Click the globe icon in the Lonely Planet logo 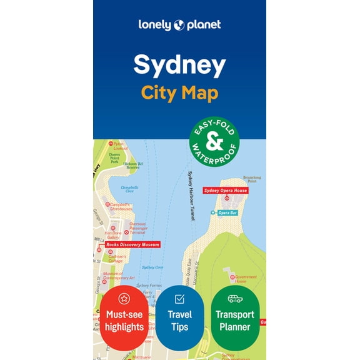(x=179, y=26)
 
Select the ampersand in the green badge (x=214, y=142)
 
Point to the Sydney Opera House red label (x=226, y=190)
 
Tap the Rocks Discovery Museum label (x=132, y=244)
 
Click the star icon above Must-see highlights (x=124, y=298)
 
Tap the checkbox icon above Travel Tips (x=179, y=299)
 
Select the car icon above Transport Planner (x=235, y=299)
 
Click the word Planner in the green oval (x=235, y=327)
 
